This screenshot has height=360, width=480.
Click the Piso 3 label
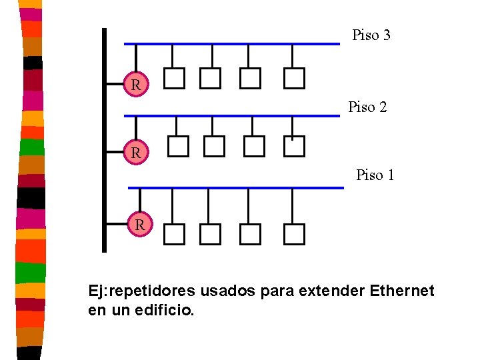(371, 35)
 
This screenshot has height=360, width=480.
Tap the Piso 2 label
(367, 107)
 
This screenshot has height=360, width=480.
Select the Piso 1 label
(375, 175)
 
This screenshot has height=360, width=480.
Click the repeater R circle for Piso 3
(135, 85)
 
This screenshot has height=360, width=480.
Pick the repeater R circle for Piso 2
(135, 153)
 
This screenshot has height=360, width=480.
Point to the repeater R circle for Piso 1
(140, 225)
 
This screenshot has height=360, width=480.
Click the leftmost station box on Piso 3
(174, 79)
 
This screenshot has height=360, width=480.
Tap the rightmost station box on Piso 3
(294, 79)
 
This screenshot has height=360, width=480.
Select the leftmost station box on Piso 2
(178, 146)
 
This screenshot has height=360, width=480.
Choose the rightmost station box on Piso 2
(293, 146)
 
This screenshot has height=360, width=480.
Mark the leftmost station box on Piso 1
(174, 234)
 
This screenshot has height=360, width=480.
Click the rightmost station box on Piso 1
(294, 234)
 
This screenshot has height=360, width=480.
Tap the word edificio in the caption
(166, 310)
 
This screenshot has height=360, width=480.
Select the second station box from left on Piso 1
(210, 234)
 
